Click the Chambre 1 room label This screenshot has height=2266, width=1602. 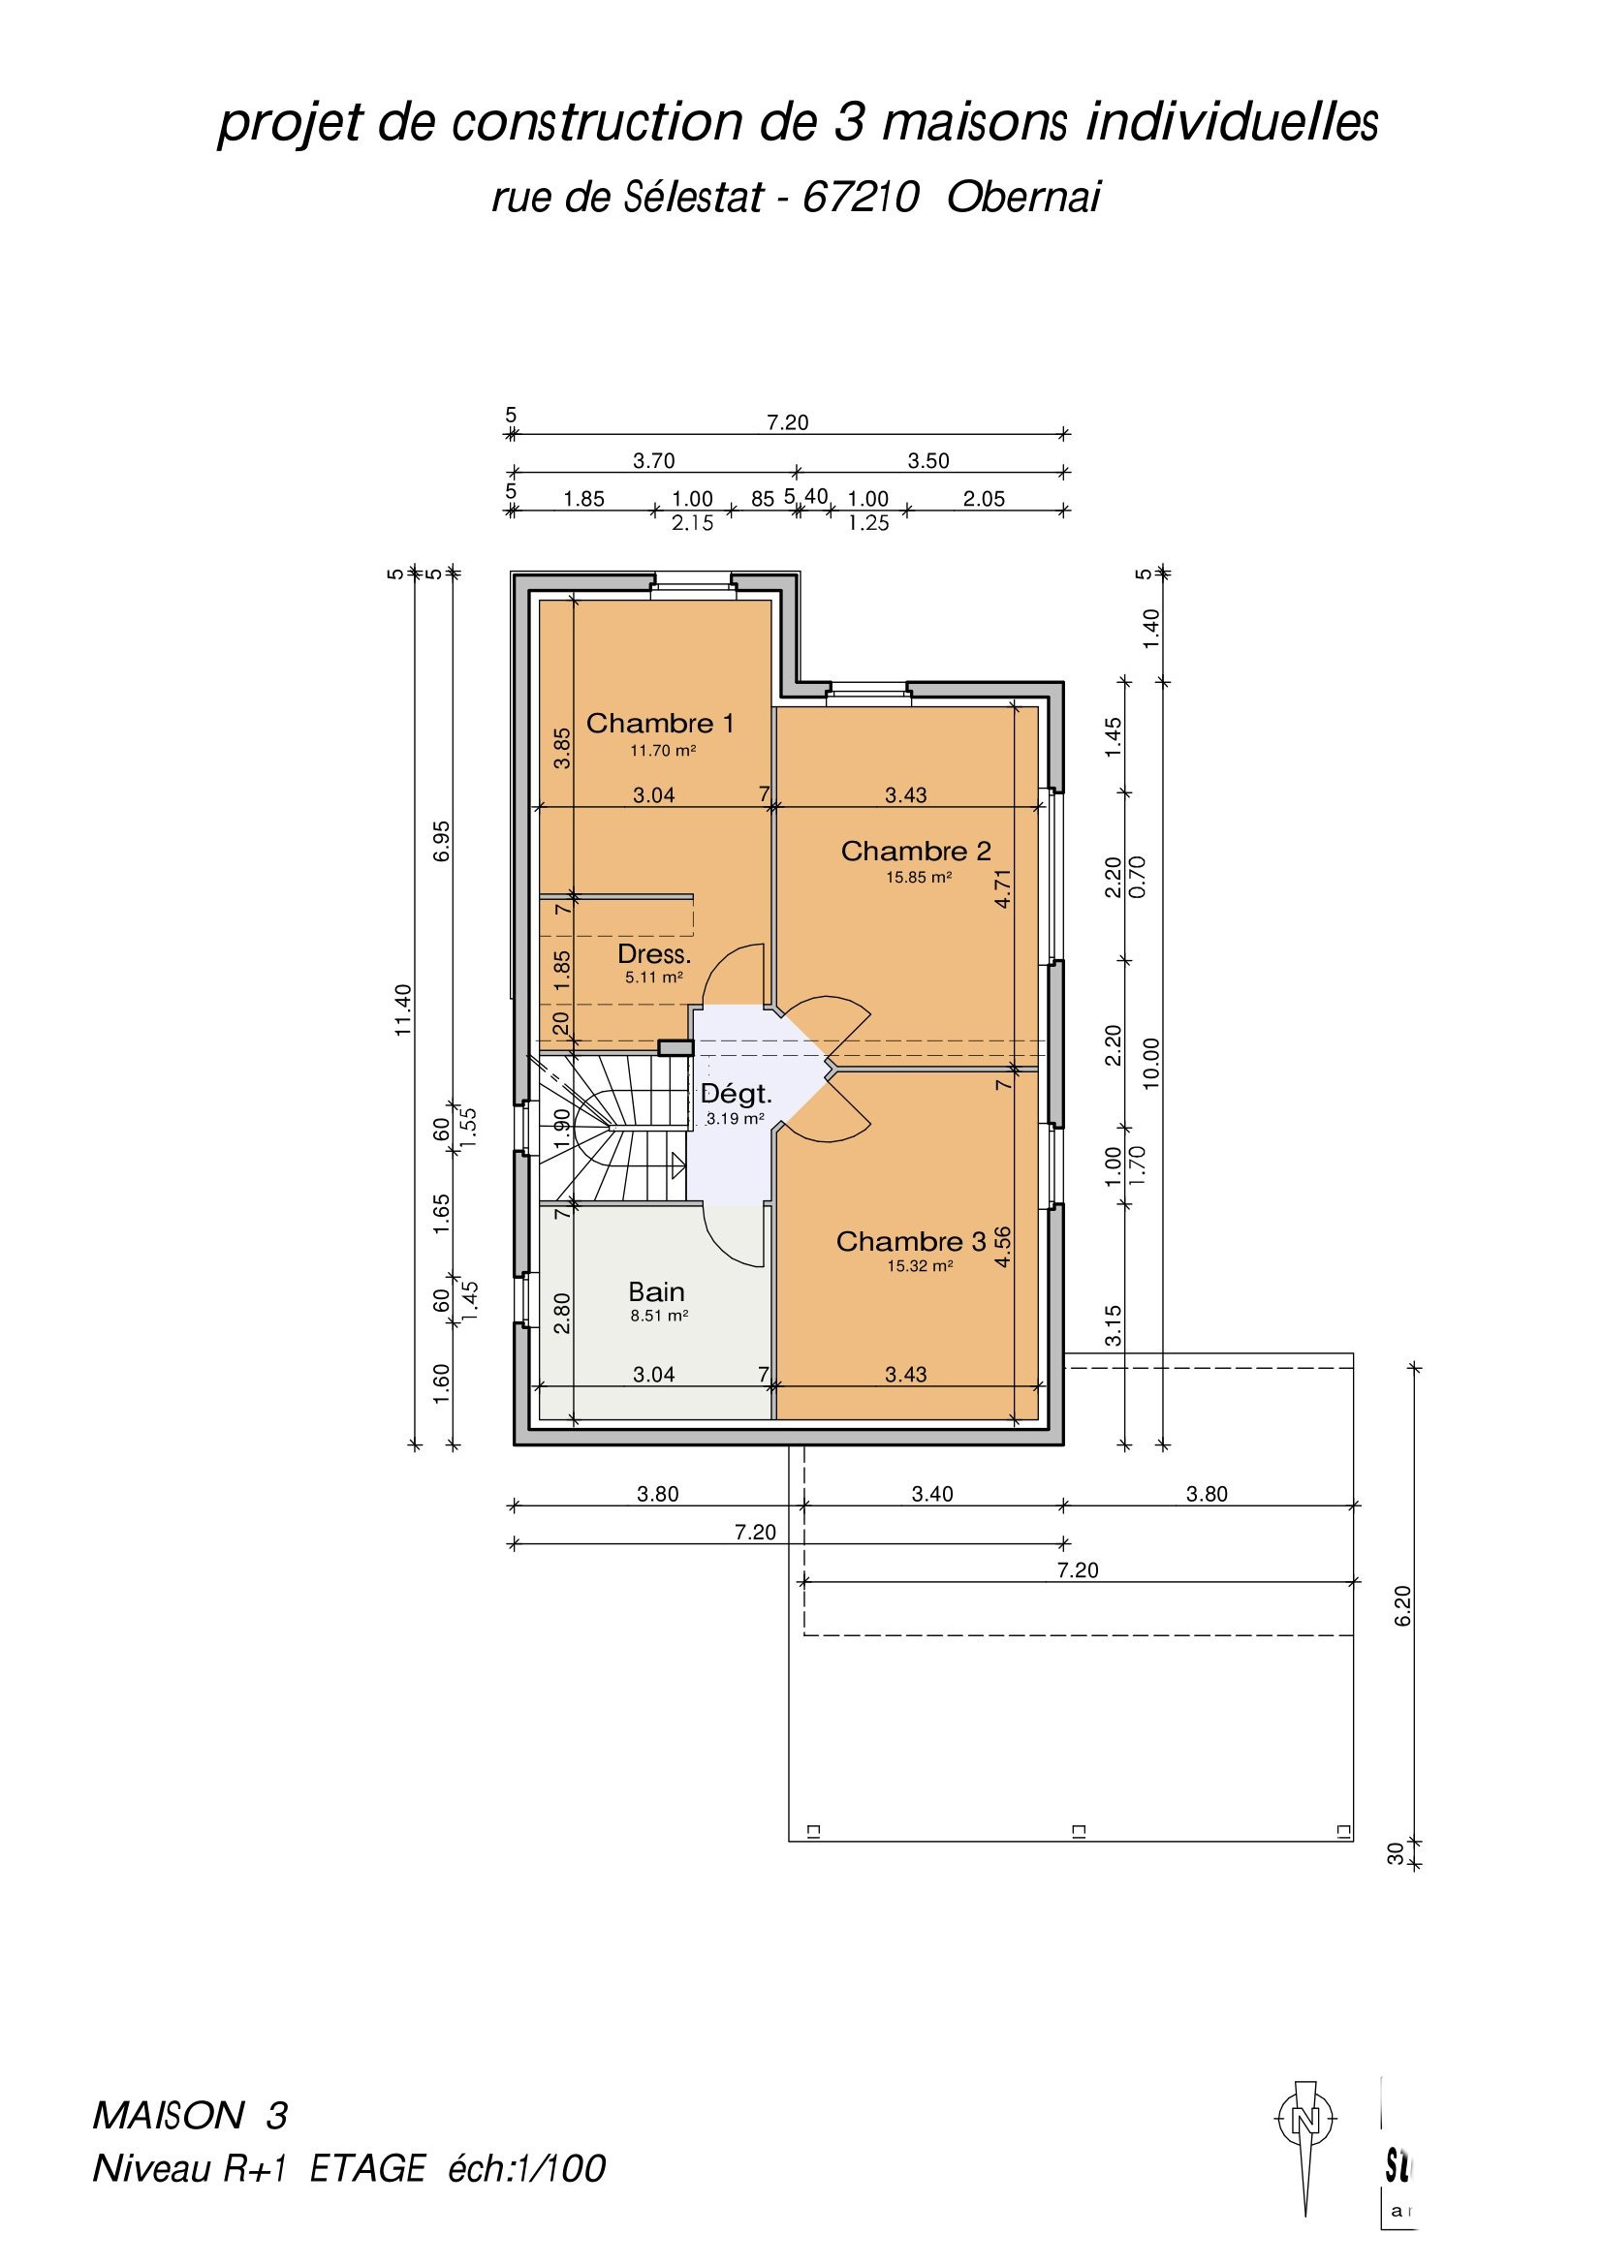[x=660, y=724]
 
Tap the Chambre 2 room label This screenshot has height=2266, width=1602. [x=916, y=851]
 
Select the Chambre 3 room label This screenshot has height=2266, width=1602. [x=911, y=1242]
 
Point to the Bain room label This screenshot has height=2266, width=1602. [x=656, y=1292]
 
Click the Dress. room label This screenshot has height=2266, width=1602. [x=654, y=954]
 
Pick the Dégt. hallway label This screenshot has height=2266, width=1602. [x=737, y=1094]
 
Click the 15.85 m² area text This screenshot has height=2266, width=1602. [x=919, y=878]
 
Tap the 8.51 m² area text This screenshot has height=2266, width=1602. [x=659, y=1316]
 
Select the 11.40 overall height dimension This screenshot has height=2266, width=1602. [x=403, y=1009]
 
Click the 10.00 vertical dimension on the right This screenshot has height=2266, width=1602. [x=1152, y=1064]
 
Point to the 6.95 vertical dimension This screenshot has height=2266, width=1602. [x=442, y=841]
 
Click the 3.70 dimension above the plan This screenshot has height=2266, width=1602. [x=653, y=461]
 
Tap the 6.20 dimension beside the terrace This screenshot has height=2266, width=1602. [x=1403, y=1605]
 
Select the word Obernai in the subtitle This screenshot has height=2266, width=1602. [x=1023, y=199]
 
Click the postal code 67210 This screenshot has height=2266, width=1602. [x=861, y=199]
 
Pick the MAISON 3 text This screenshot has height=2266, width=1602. [x=190, y=2116]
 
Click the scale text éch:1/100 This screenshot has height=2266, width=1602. [x=526, y=2169]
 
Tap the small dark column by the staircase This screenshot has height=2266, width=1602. [x=676, y=1047]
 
